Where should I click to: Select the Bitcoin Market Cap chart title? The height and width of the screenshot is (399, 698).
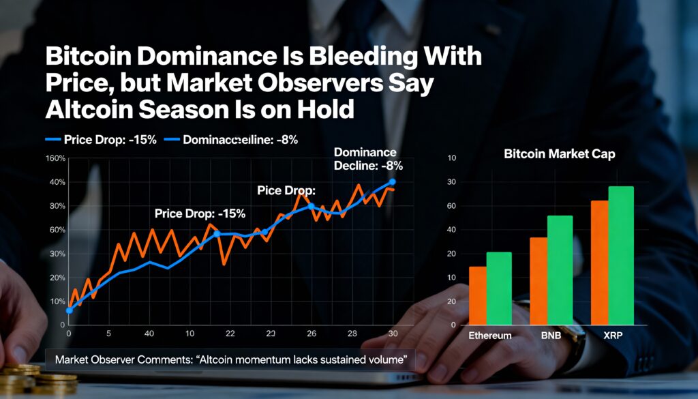559,154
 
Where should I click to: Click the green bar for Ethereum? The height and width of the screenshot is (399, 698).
498,289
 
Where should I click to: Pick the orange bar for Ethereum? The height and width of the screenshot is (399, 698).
478,295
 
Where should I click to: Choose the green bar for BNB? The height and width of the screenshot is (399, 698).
560,270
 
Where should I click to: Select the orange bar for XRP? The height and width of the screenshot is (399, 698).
600,263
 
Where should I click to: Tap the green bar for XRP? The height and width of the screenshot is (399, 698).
621,255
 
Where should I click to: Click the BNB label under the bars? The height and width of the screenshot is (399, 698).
551,336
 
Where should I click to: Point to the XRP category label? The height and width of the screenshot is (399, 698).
611,336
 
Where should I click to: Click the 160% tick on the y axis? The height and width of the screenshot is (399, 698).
55,158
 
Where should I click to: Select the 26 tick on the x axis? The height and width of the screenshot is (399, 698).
312,334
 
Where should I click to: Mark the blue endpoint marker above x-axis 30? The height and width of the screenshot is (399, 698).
392,182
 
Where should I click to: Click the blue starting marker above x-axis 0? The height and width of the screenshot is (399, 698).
69,310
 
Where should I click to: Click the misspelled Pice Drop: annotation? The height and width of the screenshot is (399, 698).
286,190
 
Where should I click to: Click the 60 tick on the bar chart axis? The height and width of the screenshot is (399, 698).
451,206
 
